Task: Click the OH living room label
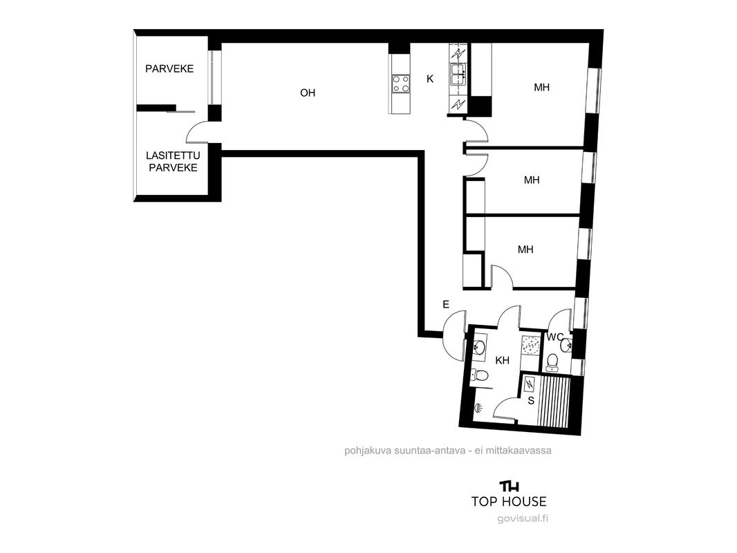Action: pyautogui.click(x=308, y=93)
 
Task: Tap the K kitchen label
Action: pyautogui.click(x=429, y=79)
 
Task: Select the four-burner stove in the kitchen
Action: pyautogui.click(x=401, y=84)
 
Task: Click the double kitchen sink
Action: pyautogui.click(x=458, y=75)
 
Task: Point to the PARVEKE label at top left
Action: pyautogui.click(x=169, y=69)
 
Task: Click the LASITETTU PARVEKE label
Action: pyautogui.click(x=173, y=162)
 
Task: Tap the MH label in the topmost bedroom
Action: pyautogui.click(x=541, y=87)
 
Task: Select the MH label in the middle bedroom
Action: pyautogui.click(x=532, y=180)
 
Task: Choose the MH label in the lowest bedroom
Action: pyautogui.click(x=525, y=250)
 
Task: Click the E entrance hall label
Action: pyautogui.click(x=445, y=304)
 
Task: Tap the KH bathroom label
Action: pyautogui.click(x=503, y=360)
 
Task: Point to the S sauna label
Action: pyautogui.click(x=531, y=400)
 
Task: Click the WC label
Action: pyautogui.click(x=555, y=337)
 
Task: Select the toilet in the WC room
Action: pyautogui.click(x=552, y=362)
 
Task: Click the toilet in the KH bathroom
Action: pyautogui.click(x=479, y=375)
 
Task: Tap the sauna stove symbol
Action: pyautogui.click(x=530, y=384)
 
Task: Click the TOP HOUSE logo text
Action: pyautogui.click(x=509, y=502)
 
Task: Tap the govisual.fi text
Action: pyautogui.click(x=523, y=518)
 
